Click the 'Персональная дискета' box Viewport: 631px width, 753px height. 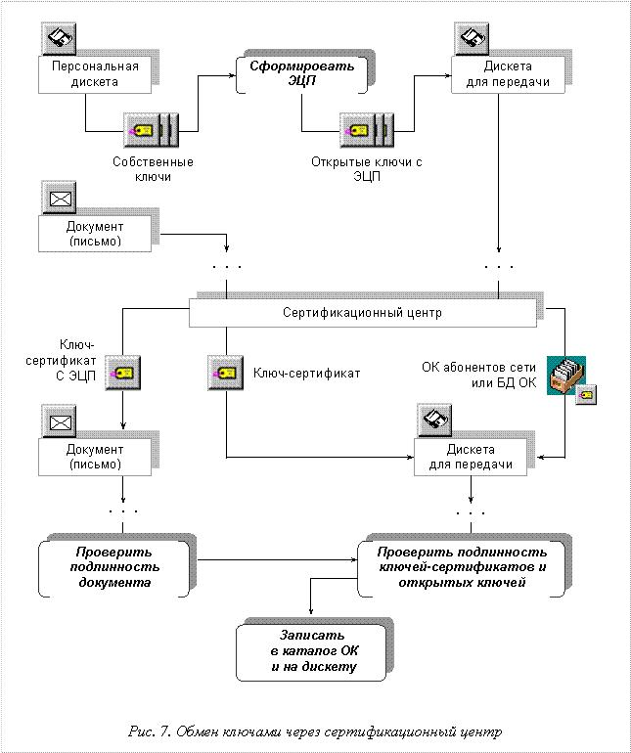[x=95, y=74]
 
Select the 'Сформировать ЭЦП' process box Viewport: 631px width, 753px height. [x=301, y=74]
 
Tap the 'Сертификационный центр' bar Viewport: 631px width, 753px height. [x=362, y=313]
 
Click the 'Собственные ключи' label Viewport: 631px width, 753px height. [x=153, y=169]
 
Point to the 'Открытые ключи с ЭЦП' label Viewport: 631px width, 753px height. [x=367, y=169]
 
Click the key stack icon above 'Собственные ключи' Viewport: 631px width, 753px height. [x=151, y=130]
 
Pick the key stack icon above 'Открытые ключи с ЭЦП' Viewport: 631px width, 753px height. [x=367, y=130]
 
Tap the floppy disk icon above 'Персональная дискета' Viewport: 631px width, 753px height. [x=59, y=39]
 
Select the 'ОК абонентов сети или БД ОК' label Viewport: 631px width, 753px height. [x=479, y=376]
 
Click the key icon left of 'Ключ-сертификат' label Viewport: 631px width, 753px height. [x=225, y=374]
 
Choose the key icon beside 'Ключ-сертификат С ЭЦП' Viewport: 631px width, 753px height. [x=122, y=373]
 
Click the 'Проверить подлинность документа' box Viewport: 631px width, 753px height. [x=114, y=568]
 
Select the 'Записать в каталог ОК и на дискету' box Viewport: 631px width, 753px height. [x=311, y=652]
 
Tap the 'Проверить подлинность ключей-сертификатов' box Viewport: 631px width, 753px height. [x=462, y=568]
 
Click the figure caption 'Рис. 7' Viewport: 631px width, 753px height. [x=149, y=731]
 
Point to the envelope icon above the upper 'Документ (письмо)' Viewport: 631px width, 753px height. [x=59, y=198]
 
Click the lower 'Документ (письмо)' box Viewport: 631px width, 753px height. [x=95, y=458]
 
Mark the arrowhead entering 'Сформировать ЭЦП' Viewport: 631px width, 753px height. [x=233, y=75]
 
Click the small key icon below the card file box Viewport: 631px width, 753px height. [x=586, y=395]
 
